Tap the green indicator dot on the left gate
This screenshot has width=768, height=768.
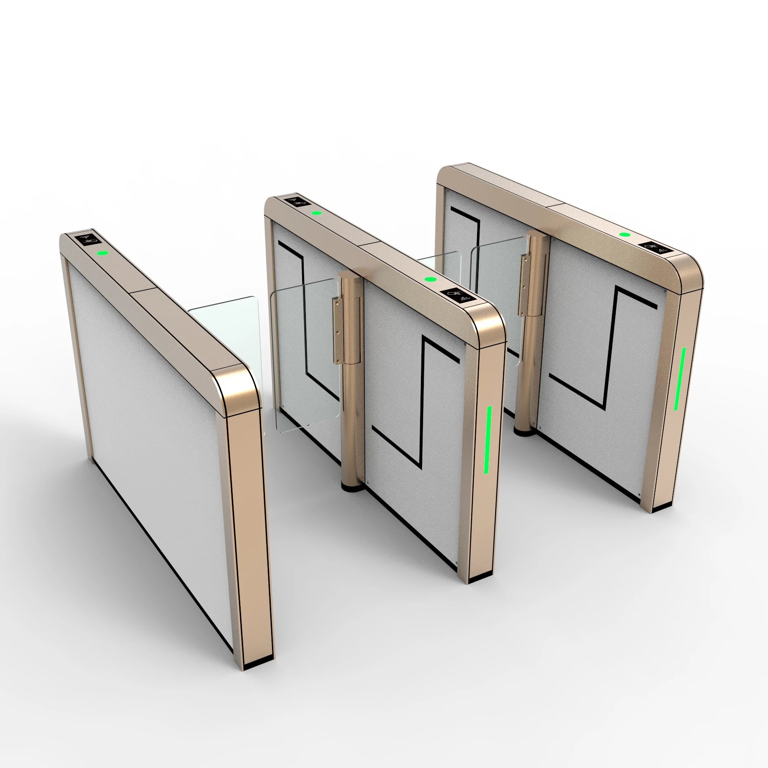(102, 253)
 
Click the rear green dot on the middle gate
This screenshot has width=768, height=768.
(317, 213)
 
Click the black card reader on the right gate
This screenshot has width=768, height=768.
(659, 248)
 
